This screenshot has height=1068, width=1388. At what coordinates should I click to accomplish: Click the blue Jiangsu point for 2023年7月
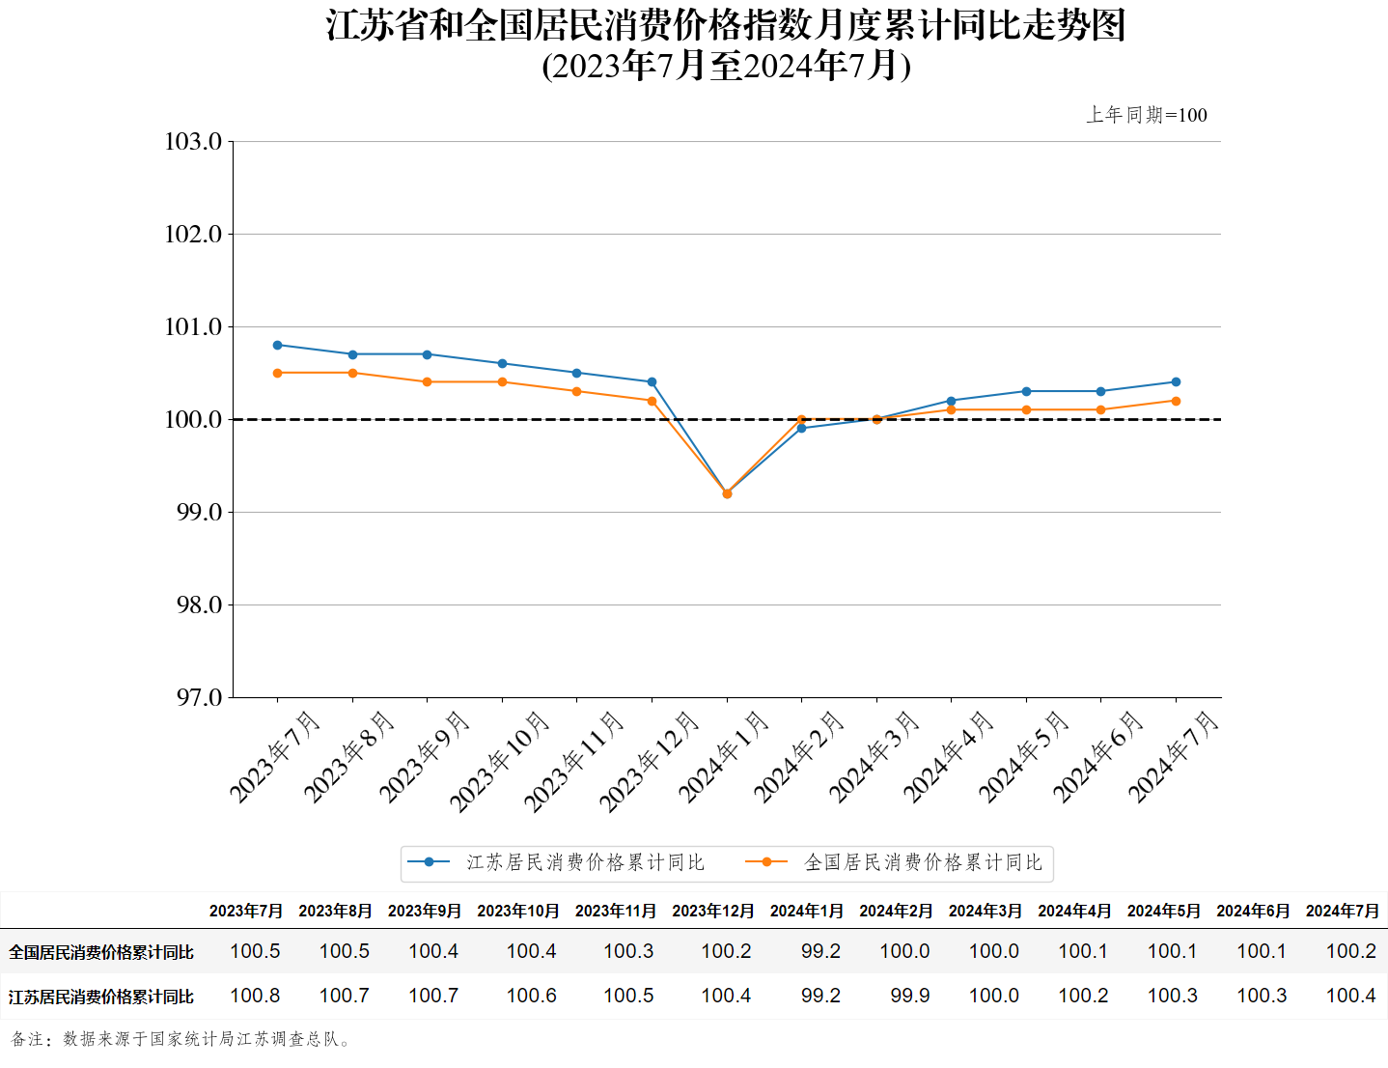278,345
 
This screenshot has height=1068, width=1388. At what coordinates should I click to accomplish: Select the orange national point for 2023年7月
278,373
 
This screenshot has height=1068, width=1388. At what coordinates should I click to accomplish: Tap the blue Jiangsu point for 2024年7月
1176,382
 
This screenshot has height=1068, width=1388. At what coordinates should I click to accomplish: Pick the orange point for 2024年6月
1100,409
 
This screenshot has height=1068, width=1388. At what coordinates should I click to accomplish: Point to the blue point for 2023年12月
652,382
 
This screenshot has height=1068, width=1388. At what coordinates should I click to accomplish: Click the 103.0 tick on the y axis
194,142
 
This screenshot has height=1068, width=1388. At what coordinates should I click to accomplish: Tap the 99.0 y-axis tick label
199,513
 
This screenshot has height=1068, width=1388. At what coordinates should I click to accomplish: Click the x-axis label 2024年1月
724,757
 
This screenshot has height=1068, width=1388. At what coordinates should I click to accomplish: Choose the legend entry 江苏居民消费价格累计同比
585,862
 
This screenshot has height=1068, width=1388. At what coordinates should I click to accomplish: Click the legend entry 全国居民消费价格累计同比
923,862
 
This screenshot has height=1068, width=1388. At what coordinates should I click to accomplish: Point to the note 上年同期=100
1147,115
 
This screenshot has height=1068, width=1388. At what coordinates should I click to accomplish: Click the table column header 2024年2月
896,911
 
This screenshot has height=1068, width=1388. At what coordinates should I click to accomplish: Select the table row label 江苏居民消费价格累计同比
101,997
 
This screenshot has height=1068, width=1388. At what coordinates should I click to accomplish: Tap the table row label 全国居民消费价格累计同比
101,952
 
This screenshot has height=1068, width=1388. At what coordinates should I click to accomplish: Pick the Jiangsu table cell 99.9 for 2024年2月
909,996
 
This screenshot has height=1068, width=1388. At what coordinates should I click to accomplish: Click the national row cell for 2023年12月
726,951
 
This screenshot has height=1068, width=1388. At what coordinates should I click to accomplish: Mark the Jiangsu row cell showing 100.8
255,996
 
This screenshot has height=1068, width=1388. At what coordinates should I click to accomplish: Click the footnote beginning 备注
181,1039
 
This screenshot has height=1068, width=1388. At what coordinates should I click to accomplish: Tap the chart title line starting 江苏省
726,26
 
